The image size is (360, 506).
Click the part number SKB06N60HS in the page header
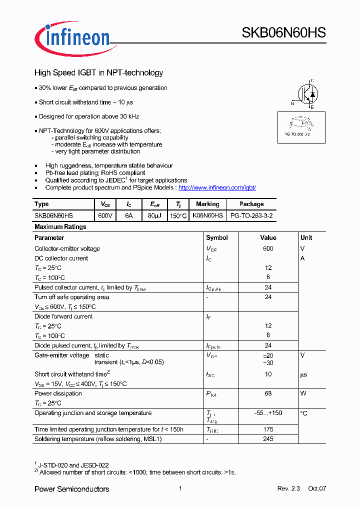pos(283,33)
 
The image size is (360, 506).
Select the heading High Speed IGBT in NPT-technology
pos(98,72)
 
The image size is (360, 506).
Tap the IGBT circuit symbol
pos(306,93)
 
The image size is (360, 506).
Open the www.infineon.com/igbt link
pos(217,187)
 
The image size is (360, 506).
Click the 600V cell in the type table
pos(105,215)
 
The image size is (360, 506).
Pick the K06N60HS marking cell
pos(207,215)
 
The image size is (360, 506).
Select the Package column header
pos(251,204)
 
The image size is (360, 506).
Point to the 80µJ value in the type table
pos(154,215)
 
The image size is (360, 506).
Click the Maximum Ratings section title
pos(60,226)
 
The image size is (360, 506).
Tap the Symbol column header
pos(216,237)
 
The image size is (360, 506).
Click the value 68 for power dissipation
pos(268,393)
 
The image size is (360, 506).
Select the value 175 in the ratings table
pos(268,429)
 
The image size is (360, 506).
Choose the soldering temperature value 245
pos(268,439)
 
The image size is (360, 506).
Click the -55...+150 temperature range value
pos(268,413)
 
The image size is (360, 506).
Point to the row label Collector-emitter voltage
pos(67,248)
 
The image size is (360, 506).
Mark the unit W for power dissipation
pos(303,393)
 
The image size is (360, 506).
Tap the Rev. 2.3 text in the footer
pos(288,488)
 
